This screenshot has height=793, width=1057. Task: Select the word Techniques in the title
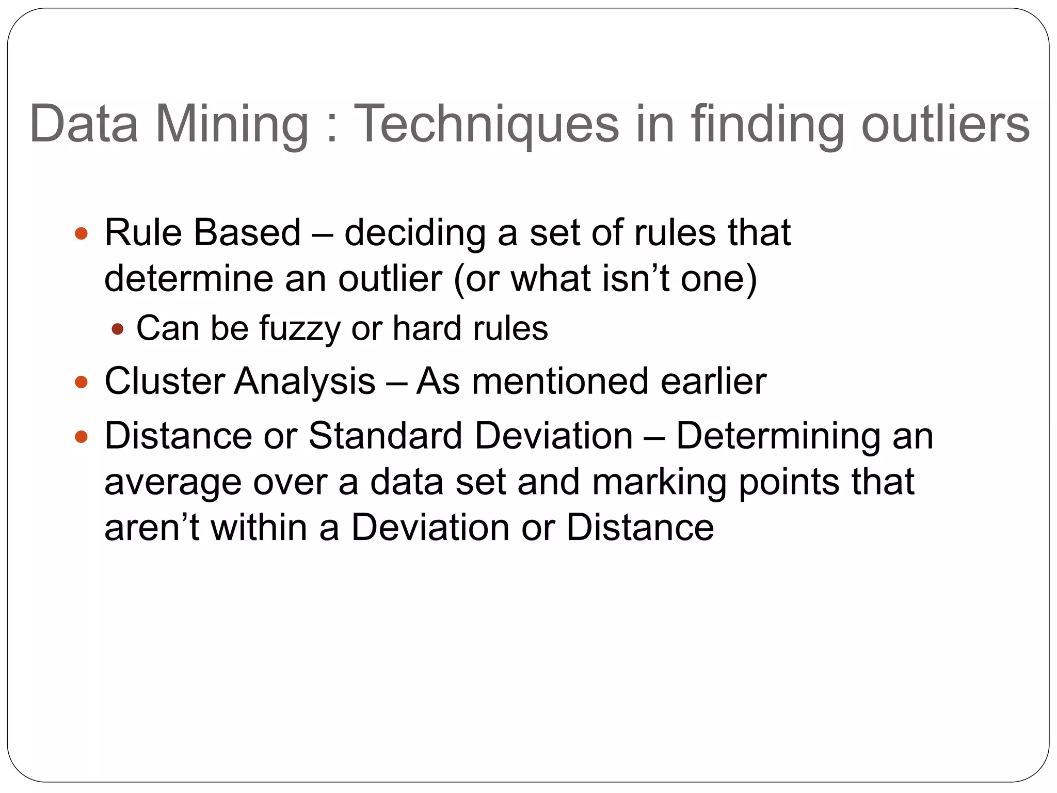[486, 124]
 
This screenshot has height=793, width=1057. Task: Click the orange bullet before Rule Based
[82, 233]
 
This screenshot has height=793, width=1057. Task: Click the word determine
[189, 279]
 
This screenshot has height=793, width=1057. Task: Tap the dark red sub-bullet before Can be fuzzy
[118, 329]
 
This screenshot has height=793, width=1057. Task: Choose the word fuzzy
[300, 329]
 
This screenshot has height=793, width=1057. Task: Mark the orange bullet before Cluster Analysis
[82, 383]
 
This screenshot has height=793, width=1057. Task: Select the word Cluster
[164, 382]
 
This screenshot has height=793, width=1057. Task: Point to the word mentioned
[559, 382]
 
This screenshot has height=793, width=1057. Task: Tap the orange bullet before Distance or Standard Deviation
[82, 437]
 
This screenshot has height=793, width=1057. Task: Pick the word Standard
[385, 436]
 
